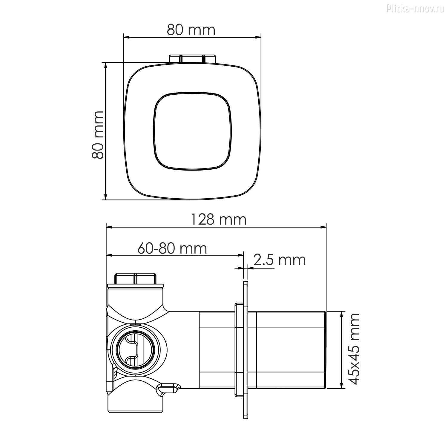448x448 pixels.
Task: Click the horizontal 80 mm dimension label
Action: tap(191, 30)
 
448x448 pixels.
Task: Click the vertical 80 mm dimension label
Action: tap(98, 135)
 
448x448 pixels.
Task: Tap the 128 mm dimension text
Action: tap(218, 220)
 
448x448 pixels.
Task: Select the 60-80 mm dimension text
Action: tap(172, 248)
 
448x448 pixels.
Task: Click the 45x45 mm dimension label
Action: tap(355, 349)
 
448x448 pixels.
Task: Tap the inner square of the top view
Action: tap(192, 131)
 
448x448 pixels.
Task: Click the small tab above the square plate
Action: tap(192, 59)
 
